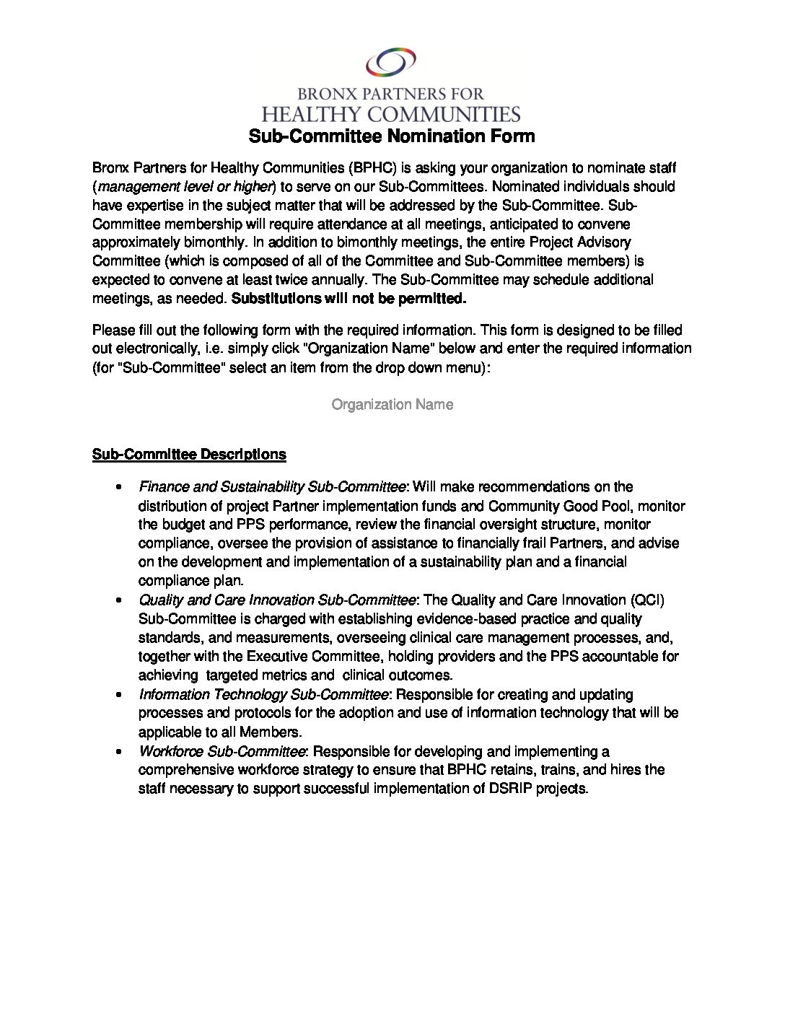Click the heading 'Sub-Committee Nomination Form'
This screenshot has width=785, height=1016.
click(392, 136)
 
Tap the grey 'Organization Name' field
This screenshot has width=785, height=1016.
click(392, 405)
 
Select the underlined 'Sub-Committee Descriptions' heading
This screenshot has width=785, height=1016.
click(189, 455)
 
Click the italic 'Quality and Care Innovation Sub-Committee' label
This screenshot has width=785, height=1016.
click(277, 600)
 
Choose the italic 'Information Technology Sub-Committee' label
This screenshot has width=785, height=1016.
click(264, 694)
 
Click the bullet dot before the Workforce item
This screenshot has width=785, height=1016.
click(117, 751)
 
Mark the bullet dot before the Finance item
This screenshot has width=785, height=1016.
click(117, 487)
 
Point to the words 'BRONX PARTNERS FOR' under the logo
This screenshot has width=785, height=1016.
click(392, 93)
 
